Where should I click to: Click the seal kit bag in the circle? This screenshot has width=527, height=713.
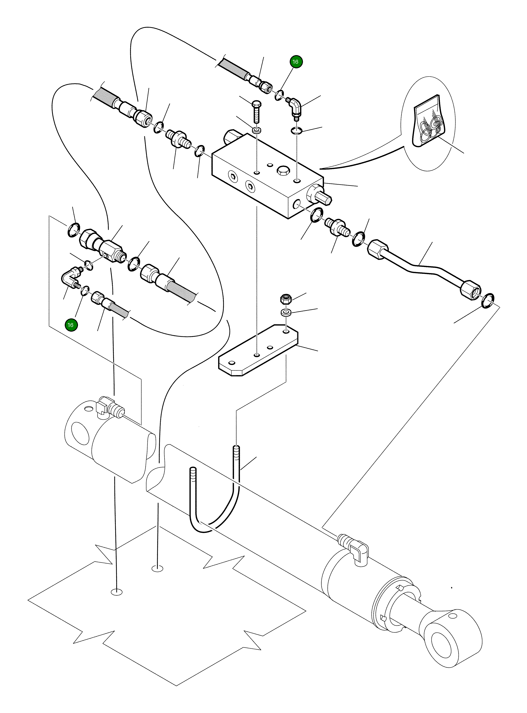tap(427, 123)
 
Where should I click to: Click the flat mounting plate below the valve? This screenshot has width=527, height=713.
tap(258, 351)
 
